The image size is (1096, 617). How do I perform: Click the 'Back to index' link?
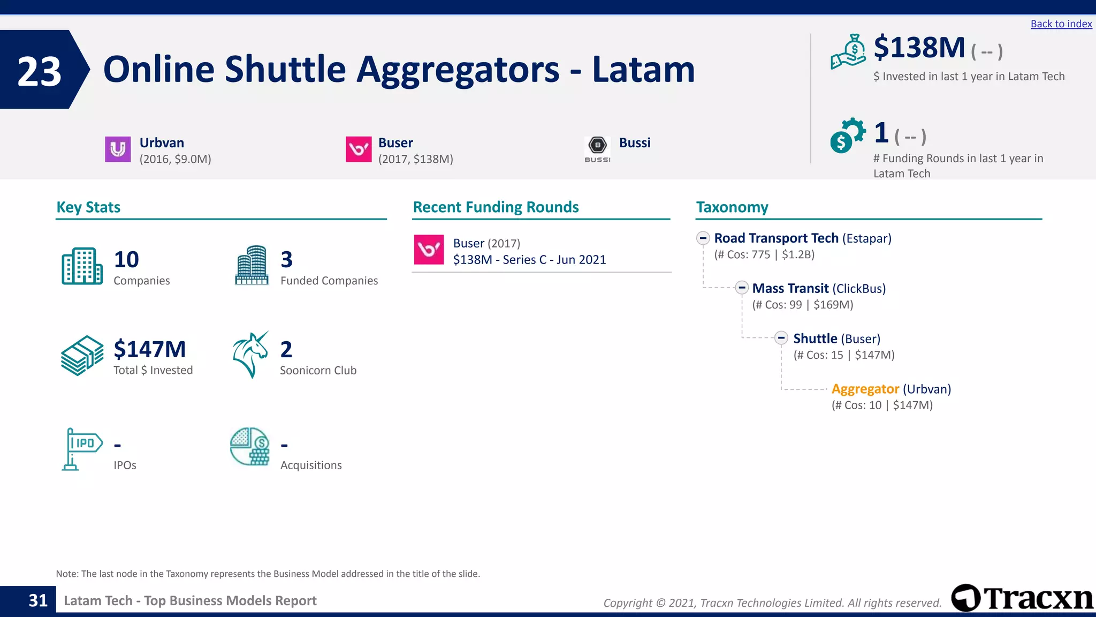(1061, 24)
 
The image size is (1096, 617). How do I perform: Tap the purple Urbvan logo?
(118, 149)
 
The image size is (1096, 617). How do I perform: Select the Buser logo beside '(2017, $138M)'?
(359, 149)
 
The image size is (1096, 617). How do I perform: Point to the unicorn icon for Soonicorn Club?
(250, 355)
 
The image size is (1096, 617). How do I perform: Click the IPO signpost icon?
(82, 449)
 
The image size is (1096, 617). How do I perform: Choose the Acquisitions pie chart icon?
(250, 446)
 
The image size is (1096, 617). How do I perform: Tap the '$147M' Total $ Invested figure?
(150, 349)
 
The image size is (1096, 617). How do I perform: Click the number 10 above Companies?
(126, 260)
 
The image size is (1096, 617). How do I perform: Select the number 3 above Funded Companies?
(287, 260)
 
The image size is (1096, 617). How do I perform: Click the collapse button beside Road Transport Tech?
(703, 238)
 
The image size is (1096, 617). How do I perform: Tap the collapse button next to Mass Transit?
(742, 288)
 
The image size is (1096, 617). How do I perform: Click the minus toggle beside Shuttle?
(781, 338)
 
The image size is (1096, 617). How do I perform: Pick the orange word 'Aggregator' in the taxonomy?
(865, 389)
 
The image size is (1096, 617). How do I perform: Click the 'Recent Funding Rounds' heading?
(496, 207)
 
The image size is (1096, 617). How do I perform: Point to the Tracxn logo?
(1022, 598)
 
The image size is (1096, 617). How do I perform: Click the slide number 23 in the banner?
(40, 71)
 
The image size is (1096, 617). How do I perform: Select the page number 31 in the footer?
(38, 600)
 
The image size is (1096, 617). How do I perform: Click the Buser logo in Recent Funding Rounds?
(429, 250)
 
